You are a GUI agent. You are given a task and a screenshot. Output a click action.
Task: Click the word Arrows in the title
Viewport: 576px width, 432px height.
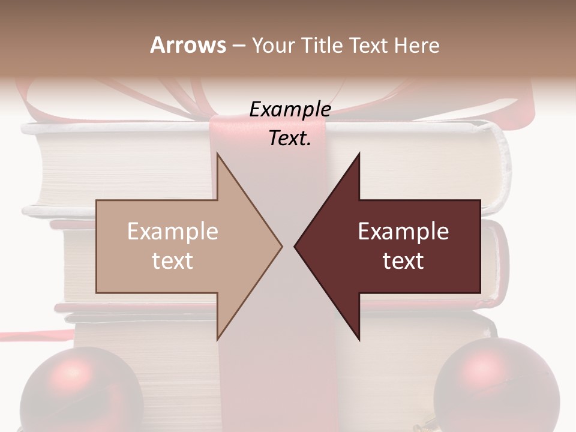click(x=188, y=45)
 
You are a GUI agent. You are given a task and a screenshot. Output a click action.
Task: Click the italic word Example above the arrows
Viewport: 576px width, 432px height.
click(x=290, y=109)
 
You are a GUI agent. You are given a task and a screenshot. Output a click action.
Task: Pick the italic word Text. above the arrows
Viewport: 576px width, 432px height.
click(x=290, y=139)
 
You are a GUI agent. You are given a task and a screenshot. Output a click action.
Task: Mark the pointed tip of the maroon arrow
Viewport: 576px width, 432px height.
click(x=296, y=246)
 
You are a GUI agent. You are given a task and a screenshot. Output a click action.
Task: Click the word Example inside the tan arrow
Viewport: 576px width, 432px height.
click(x=173, y=232)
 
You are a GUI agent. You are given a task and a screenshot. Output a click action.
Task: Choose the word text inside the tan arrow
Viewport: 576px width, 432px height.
click(x=173, y=261)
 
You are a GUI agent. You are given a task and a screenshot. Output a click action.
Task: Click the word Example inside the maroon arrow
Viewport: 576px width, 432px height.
click(x=403, y=232)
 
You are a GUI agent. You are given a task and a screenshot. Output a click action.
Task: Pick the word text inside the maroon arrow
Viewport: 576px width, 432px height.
click(x=403, y=261)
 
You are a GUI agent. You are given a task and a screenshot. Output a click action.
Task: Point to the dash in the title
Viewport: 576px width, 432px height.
click(x=238, y=46)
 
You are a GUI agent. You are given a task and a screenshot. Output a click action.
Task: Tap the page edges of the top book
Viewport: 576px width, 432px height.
click(x=120, y=168)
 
